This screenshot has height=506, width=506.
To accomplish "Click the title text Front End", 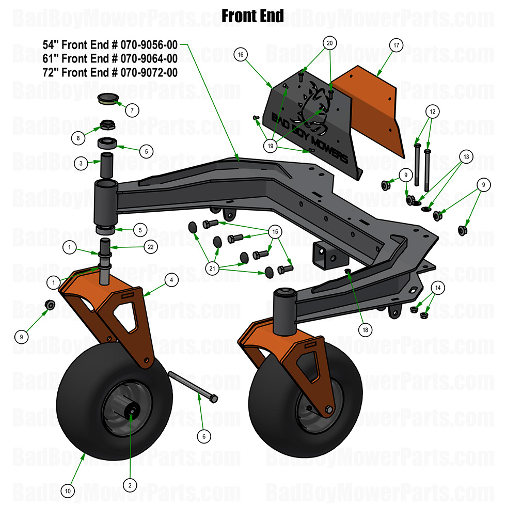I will pos(252,16).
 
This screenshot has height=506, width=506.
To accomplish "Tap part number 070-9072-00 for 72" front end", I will pos(149,72).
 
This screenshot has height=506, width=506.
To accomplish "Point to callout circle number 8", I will pos(78,138).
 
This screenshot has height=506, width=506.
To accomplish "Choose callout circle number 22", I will pos(150,247).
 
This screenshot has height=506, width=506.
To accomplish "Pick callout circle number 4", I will pos(171,280).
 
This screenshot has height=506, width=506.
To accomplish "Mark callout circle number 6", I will pos(203,436).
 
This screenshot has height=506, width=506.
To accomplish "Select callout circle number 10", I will pos(68,489).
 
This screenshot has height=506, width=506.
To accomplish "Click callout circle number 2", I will pos(130,484).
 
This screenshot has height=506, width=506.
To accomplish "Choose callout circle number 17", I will pos(396,46).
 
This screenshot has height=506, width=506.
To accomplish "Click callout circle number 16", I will pos(241,54).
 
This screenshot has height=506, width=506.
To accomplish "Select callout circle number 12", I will pos(433,111).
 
